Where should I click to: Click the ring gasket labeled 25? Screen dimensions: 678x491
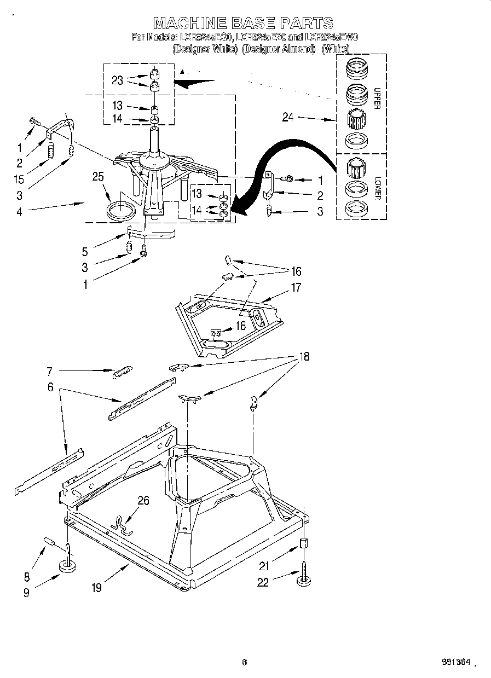click(122, 211)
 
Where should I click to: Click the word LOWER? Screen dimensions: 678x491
click(377, 188)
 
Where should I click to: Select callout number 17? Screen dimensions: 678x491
click(296, 287)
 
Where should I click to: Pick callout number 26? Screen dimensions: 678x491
click(143, 501)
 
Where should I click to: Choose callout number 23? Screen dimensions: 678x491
click(117, 80)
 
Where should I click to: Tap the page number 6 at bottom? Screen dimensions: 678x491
click(245, 662)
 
